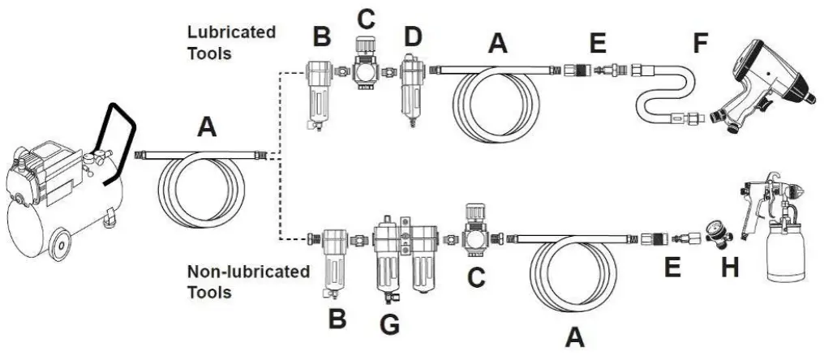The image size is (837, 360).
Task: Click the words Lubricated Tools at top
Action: tap(232, 41)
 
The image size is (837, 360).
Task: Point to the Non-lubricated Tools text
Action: tap(247, 281)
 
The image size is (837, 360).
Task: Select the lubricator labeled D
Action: tap(410, 93)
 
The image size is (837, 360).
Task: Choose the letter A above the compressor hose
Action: tap(208, 127)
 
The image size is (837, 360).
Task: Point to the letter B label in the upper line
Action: tap(323, 36)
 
